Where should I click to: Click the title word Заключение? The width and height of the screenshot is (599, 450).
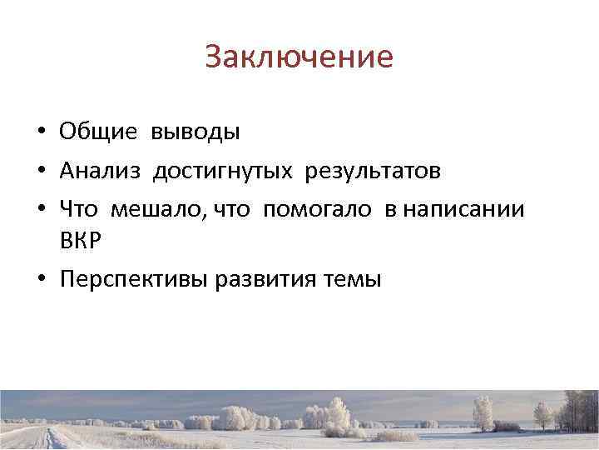click(x=299, y=57)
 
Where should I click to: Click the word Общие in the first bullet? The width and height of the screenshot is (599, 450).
click(x=99, y=132)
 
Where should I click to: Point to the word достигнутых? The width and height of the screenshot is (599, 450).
click(x=222, y=171)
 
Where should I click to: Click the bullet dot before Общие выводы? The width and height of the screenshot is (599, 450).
click(x=40, y=132)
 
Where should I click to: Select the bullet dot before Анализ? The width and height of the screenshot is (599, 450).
click(x=40, y=172)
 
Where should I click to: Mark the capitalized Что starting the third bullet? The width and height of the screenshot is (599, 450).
click(x=78, y=209)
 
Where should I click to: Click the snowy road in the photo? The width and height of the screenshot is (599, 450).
click(x=50, y=438)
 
